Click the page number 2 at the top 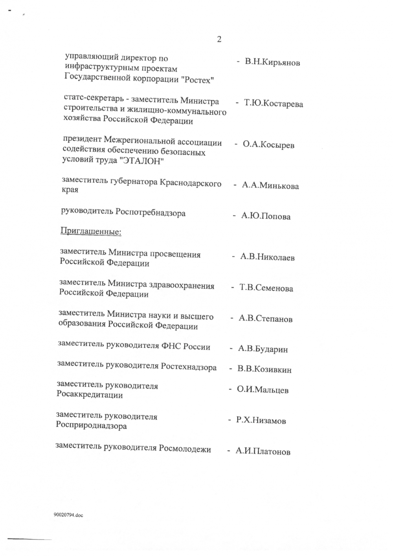[219, 39]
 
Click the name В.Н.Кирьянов [272, 62]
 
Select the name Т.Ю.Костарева [274, 104]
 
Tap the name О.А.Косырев [268, 145]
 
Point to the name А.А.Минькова [270, 186]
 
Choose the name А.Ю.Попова [266, 216]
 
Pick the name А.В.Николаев [267, 257]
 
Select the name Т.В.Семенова [266, 288]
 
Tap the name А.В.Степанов [266, 319]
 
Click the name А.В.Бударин [263, 349]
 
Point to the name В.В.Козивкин [264, 369]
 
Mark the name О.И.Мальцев [263, 390]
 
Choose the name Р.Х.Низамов [261, 420]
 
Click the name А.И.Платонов [263, 451]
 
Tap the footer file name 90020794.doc [68, 515]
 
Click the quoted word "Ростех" [199, 80]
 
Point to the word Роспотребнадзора [150, 213]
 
